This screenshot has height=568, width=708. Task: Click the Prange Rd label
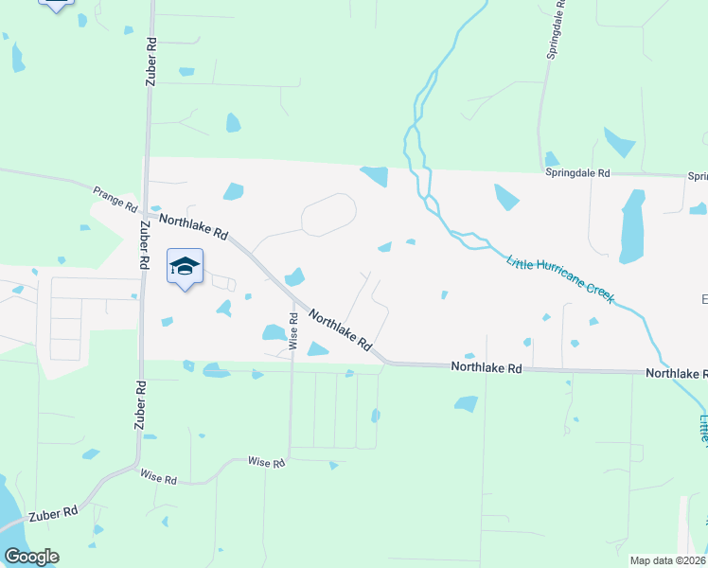point(115,199)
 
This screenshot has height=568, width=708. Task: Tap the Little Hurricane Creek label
point(561,278)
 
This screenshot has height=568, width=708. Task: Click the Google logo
point(31,557)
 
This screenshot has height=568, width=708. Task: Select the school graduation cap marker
point(186,267)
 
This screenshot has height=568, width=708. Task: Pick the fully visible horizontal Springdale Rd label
point(578,174)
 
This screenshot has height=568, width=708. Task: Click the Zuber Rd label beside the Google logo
point(53,515)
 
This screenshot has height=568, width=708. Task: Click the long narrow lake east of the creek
point(631,226)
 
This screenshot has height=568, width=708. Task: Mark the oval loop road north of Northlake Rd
point(328,213)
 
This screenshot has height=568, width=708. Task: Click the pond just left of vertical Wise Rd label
point(274,332)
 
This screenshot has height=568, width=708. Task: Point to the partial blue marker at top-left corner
point(57,5)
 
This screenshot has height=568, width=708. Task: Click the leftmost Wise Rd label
point(158,479)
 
